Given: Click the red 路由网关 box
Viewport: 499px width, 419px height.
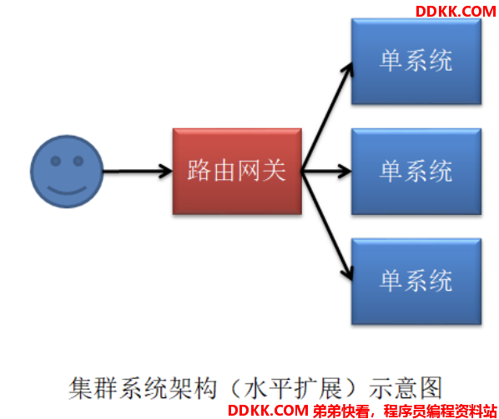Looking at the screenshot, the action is pyautogui.click(x=237, y=172).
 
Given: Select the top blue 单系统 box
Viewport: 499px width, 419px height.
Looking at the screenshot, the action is pyautogui.click(x=416, y=62).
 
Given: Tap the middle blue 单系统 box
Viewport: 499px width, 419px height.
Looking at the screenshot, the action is pyautogui.click(x=416, y=172).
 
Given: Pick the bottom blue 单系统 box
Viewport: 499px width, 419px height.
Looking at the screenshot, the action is pyautogui.click(x=416, y=281).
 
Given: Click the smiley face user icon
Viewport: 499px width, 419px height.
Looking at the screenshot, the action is pyautogui.click(x=67, y=172).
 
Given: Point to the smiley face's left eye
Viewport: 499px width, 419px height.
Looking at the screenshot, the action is pyautogui.click(x=56, y=161).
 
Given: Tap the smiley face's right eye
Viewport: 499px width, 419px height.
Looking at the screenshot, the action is pyautogui.click(x=78, y=161).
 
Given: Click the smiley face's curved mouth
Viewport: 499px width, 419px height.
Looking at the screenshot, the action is pyautogui.click(x=67, y=192).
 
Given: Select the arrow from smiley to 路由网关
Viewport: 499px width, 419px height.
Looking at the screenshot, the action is pyautogui.click(x=138, y=172).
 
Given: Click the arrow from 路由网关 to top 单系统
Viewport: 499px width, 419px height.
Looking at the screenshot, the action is pyautogui.click(x=327, y=117).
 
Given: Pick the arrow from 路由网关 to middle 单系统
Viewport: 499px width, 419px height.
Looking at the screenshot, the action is pyautogui.click(x=326, y=172).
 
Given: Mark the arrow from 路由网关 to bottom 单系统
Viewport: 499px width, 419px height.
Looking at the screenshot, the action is pyautogui.click(x=327, y=227).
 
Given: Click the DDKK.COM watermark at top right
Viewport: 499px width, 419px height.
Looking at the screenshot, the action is pyautogui.click(x=456, y=12).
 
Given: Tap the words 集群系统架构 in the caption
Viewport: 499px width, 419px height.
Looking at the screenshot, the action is pyautogui.click(x=143, y=388).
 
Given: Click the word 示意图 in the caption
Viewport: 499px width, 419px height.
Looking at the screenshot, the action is pyautogui.click(x=406, y=388).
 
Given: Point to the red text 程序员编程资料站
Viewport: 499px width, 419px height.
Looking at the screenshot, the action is pyautogui.click(x=441, y=411).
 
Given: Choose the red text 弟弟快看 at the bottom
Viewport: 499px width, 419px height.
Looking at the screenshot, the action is pyautogui.click(x=341, y=411).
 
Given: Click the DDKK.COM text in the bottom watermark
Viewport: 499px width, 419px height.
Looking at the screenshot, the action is pyautogui.click(x=268, y=411).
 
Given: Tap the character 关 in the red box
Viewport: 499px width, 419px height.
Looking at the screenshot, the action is pyautogui.click(x=275, y=171).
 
